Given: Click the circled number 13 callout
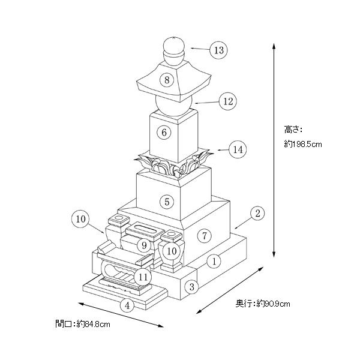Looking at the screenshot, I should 219,50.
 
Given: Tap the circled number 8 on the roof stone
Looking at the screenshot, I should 167,80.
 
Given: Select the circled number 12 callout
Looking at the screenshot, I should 227,101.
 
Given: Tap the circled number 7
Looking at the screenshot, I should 205,236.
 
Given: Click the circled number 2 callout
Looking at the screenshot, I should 257,213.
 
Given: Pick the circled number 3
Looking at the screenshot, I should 192,287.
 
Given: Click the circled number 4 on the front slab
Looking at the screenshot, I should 127,305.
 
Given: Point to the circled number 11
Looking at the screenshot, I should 142,277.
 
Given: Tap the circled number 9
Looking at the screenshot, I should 142,245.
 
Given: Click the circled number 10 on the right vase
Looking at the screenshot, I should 172,251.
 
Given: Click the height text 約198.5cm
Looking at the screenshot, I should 304,144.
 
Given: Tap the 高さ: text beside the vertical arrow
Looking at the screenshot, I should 293,128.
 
